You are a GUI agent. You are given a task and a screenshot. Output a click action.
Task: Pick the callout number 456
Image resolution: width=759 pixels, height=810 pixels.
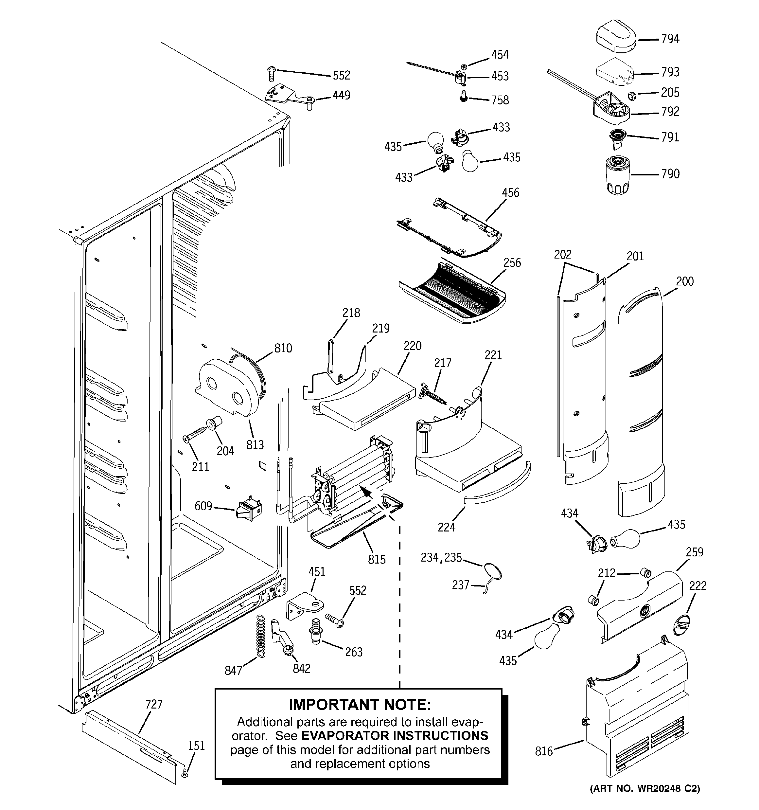510,192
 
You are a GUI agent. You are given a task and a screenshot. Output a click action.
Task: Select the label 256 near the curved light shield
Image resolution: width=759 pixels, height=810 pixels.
512,263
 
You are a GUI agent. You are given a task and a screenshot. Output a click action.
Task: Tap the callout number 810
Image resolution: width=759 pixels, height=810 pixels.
283,348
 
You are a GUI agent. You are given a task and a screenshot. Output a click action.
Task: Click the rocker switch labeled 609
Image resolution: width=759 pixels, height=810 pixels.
249,509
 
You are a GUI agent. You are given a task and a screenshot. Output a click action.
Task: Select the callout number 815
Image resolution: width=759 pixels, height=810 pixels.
377,559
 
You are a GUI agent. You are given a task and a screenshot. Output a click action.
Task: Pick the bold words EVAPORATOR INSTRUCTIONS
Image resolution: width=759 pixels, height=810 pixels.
394,735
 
